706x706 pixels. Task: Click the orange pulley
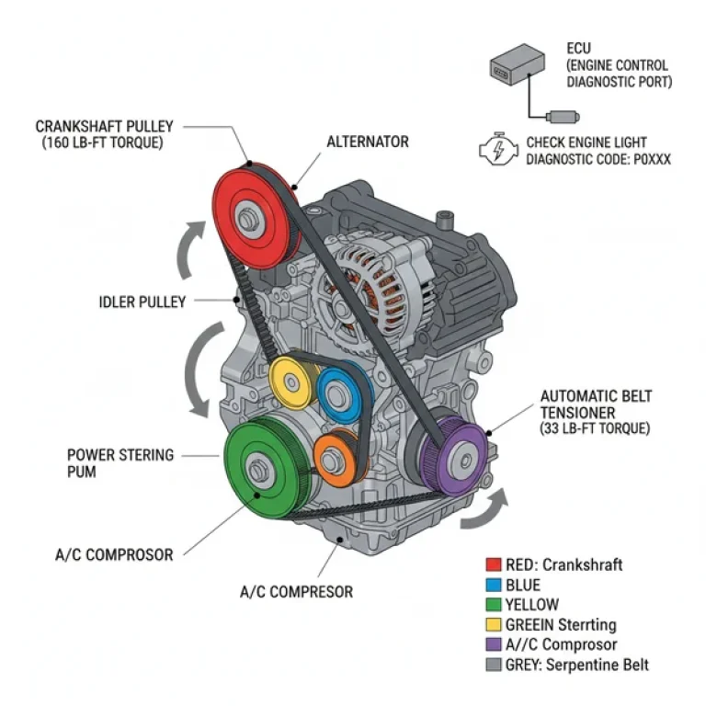pos(335,455)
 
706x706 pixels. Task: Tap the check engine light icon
pos(499,150)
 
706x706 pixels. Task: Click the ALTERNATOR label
pos(368,142)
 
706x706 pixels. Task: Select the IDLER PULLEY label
pos(142,301)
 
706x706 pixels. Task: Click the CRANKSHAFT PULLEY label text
pos(104,126)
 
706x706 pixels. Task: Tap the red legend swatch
pos(494,564)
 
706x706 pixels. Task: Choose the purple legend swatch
pos(494,644)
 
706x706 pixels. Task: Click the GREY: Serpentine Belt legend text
pos(578,665)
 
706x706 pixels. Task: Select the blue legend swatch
pos(494,585)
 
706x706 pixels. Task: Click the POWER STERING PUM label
pos(120,462)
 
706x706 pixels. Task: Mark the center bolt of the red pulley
pos(246,221)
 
